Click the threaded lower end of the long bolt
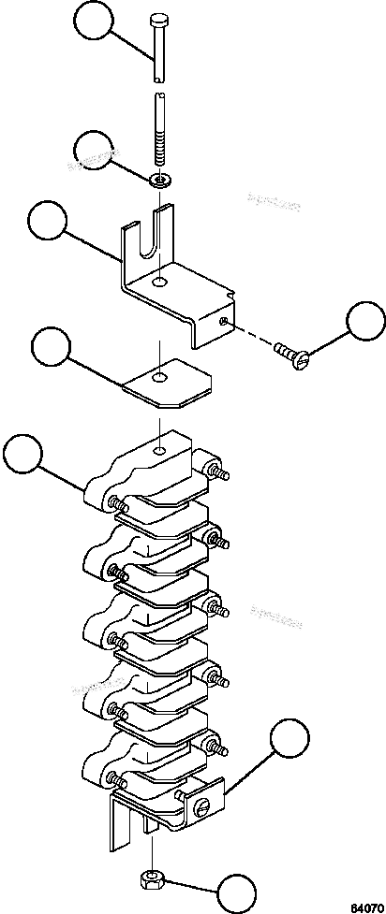pos(162,151)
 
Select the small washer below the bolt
pos(162,178)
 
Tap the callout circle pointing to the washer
pos(97,151)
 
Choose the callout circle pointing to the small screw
pos(364,321)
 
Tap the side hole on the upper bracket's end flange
pos(223,321)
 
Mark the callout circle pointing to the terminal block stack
pos(23,456)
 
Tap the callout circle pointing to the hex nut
pos(236,892)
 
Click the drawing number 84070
pos(367,906)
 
